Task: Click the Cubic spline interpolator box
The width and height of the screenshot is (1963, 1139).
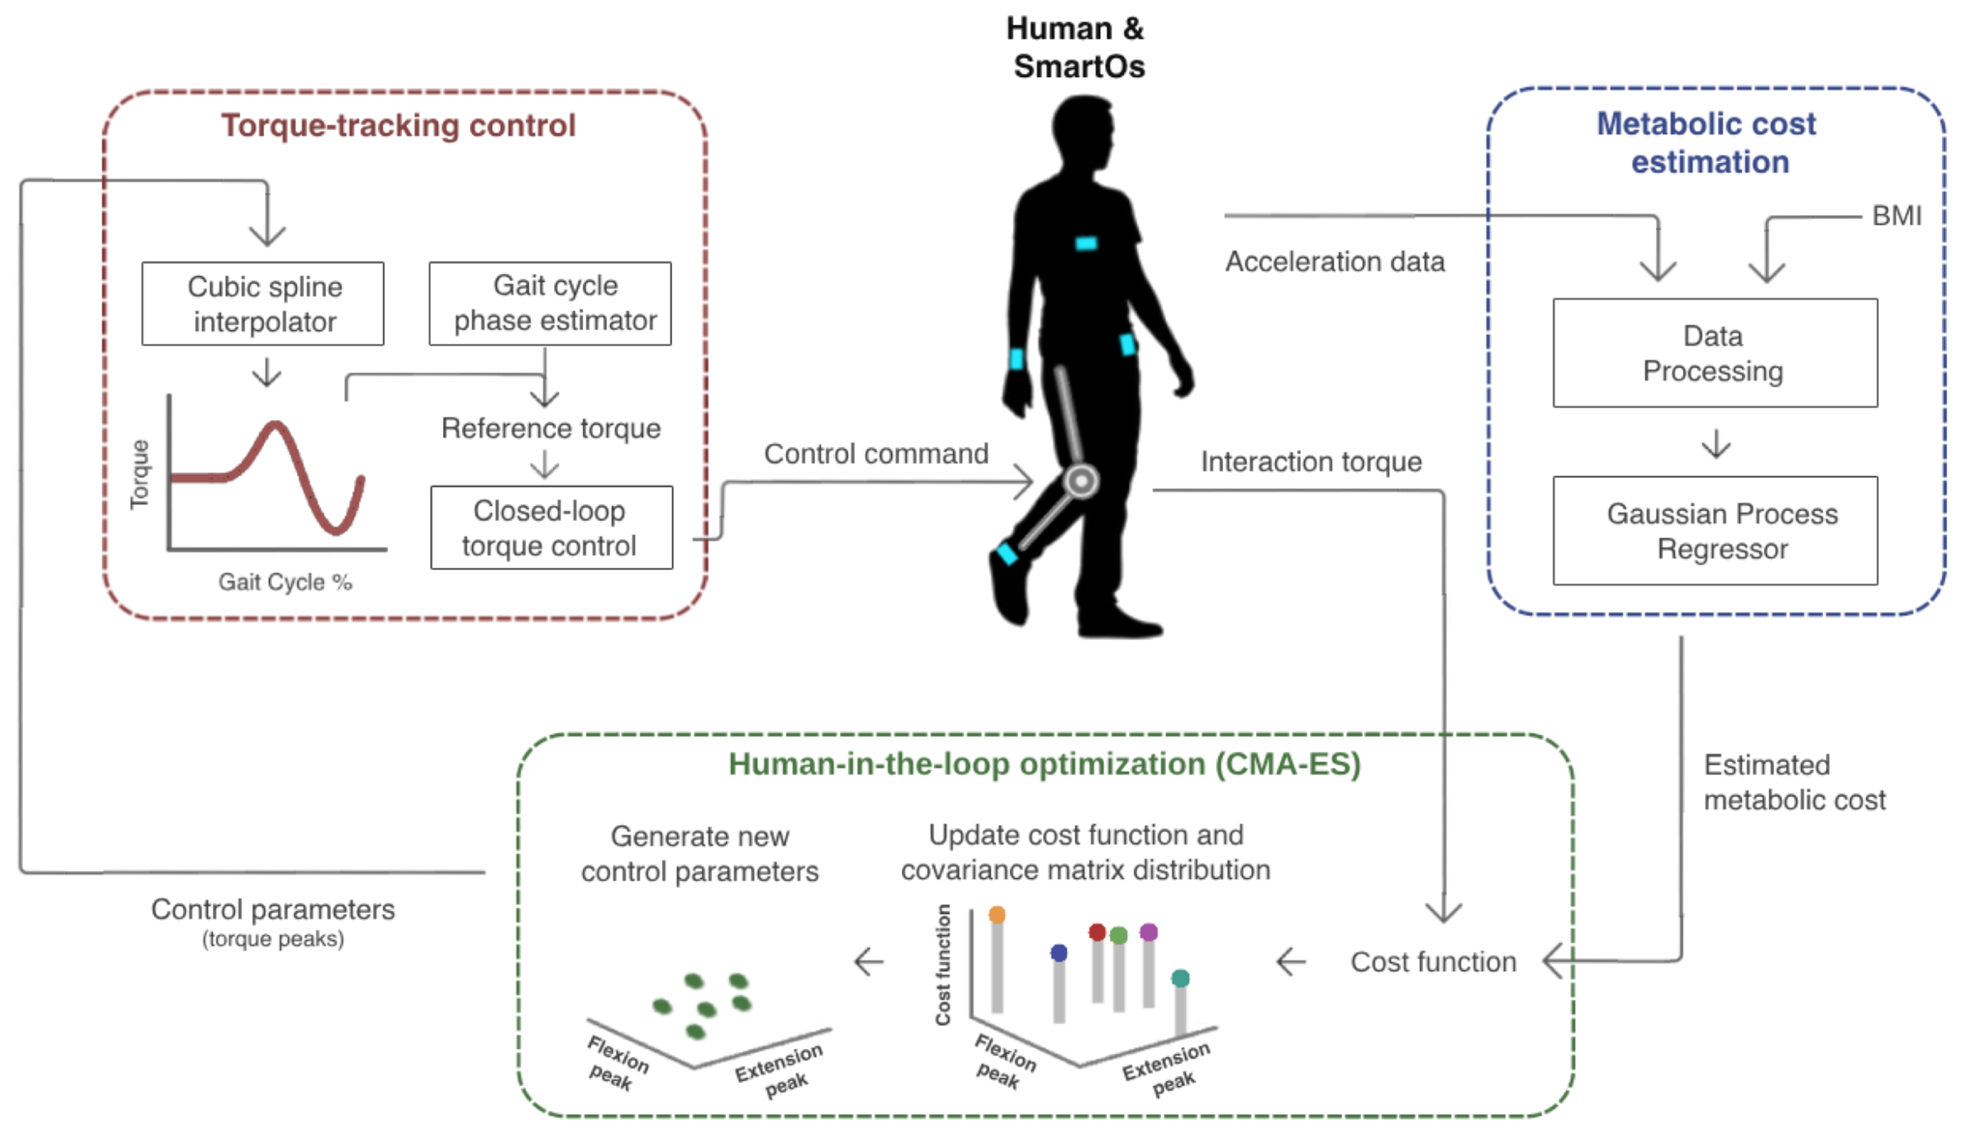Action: pyautogui.click(x=263, y=303)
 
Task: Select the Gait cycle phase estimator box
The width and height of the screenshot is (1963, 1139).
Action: pyautogui.click(x=550, y=303)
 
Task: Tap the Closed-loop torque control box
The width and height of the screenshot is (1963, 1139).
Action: pyautogui.click(x=552, y=528)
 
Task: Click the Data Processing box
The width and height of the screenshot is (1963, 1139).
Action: pyautogui.click(x=1715, y=352)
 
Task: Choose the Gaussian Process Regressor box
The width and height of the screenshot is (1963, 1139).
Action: pyautogui.click(x=1715, y=531)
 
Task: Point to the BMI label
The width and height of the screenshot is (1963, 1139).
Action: pyautogui.click(x=1897, y=216)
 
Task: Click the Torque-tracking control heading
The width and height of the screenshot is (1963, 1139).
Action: pyautogui.click(x=398, y=126)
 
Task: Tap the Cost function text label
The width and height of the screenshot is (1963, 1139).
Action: pyautogui.click(x=1433, y=962)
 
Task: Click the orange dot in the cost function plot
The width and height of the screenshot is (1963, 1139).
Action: pyautogui.click(x=997, y=915)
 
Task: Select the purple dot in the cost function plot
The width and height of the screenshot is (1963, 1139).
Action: pyautogui.click(x=1149, y=931)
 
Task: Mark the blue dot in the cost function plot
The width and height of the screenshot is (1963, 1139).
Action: pyautogui.click(x=1059, y=953)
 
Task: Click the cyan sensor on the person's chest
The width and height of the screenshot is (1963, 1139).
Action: pyautogui.click(x=1086, y=244)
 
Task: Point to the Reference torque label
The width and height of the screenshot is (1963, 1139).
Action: pyautogui.click(x=551, y=429)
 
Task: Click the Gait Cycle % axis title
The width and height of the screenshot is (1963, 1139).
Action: pyautogui.click(x=285, y=582)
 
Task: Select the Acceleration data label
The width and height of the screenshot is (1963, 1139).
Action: pyautogui.click(x=1335, y=262)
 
